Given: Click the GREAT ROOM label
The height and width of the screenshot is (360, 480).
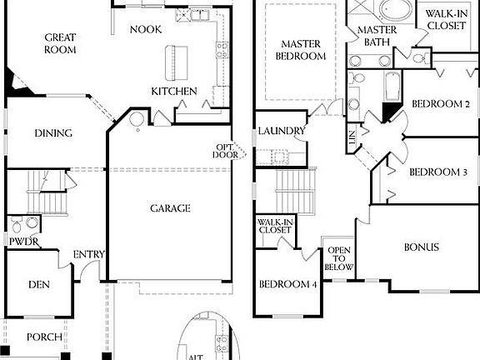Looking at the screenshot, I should [x=60, y=43].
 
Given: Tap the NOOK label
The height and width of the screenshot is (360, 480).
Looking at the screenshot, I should [x=146, y=29].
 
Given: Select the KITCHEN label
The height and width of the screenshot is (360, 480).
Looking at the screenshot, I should [x=173, y=91].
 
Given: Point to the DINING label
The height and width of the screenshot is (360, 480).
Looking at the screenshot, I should [x=52, y=133].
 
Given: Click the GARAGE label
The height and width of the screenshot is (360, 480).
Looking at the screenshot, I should [x=170, y=208].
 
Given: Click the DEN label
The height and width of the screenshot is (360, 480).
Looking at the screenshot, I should [x=39, y=284].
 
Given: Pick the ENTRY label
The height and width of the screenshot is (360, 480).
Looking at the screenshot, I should [x=88, y=255].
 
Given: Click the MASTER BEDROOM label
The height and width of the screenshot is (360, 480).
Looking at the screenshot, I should [x=302, y=50].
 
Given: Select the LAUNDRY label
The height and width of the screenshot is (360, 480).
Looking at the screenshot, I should [x=282, y=131].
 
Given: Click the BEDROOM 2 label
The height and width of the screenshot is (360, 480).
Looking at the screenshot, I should [x=440, y=104].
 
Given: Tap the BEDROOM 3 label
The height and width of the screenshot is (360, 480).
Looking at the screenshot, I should [x=437, y=172].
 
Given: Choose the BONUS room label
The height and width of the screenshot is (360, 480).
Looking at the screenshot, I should [x=421, y=247].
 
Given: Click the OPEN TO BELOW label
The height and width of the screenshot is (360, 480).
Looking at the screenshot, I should [x=339, y=259].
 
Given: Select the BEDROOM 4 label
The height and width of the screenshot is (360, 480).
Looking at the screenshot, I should [x=287, y=284].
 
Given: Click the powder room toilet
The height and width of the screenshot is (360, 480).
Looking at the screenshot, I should [x=30, y=223].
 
